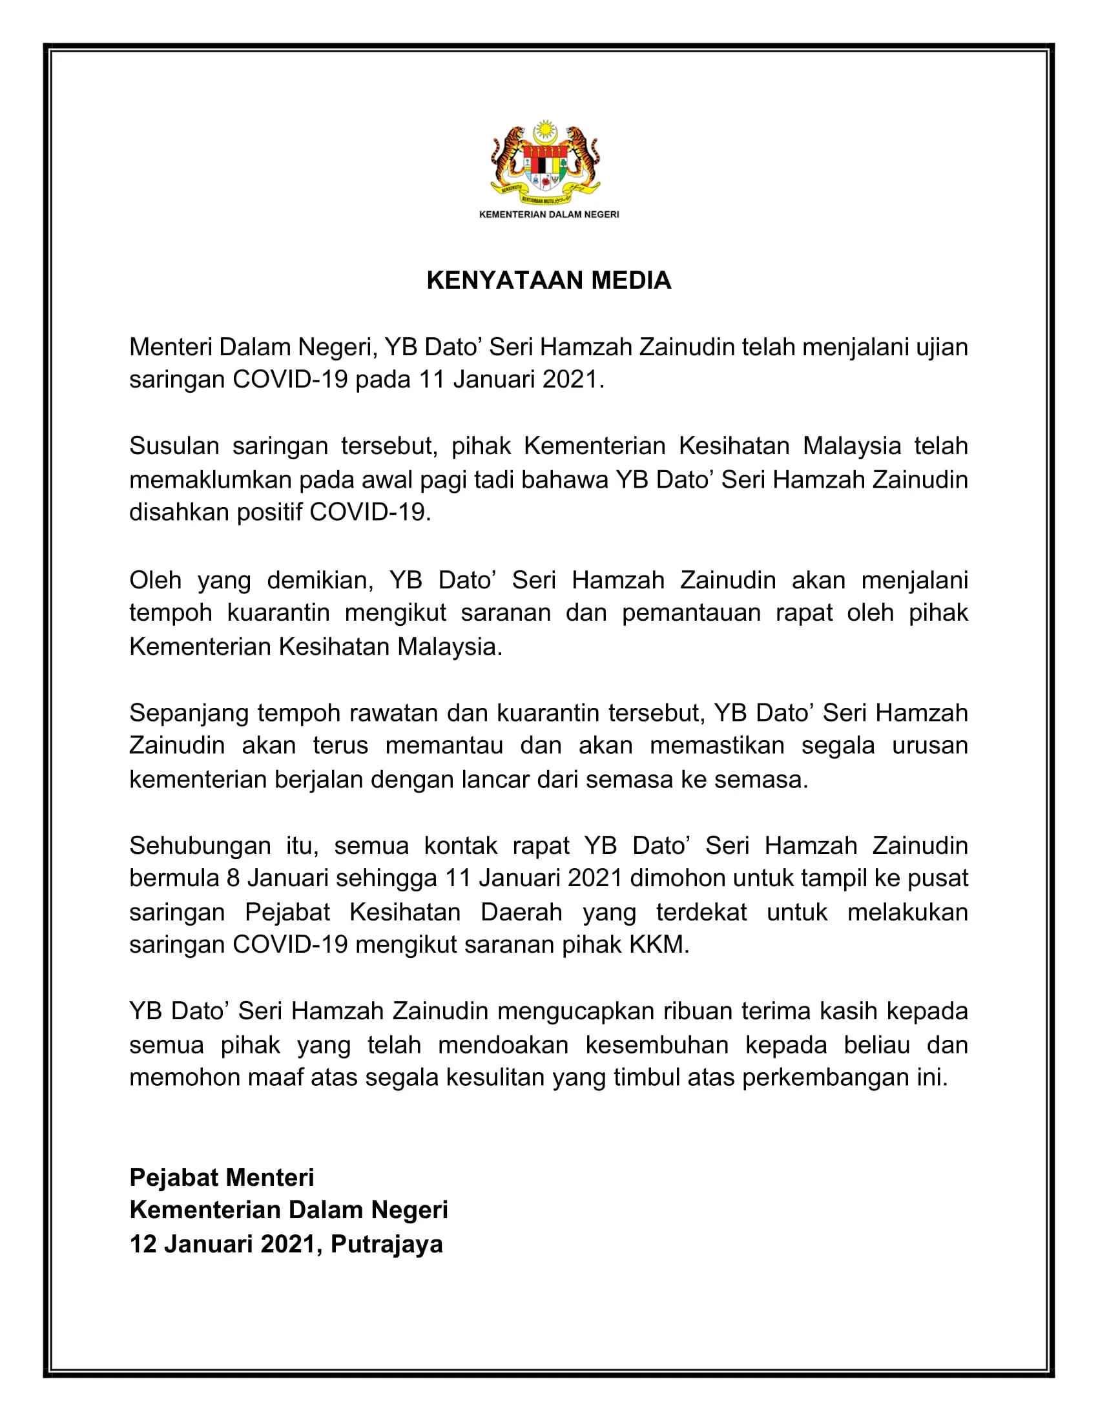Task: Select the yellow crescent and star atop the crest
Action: coord(546,132)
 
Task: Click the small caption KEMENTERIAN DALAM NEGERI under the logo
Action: coord(549,214)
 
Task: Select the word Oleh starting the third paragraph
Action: coord(155,580)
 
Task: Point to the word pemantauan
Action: coord(691,613)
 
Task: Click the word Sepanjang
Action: coord(189,713)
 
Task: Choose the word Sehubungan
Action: coord(200,846)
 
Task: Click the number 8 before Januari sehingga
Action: coord(234,879)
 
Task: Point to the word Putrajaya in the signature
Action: coord(386,1244)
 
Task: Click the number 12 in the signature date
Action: coord(143,1244)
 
